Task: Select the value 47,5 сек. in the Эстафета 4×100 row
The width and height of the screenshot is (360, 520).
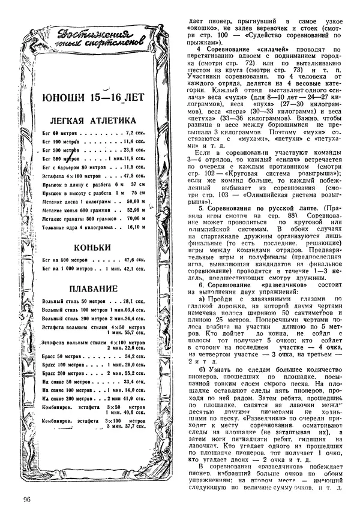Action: (x=134, y=176)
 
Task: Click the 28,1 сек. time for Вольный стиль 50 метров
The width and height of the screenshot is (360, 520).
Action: (x=134, y=300)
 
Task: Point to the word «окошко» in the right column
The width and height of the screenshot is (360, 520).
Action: (x=204, y=28)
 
